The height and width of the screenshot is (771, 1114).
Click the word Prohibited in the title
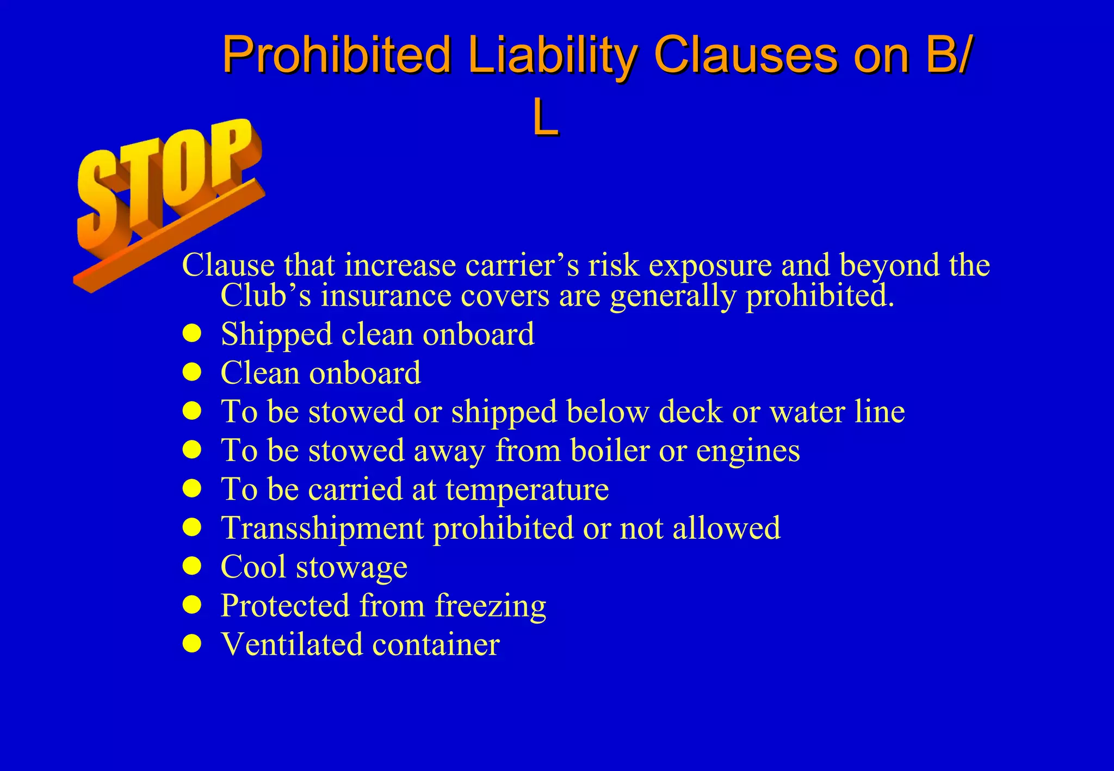pyautogui.click(x=337, y=54)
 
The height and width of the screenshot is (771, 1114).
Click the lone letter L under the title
pyautogui.click(x=546, y=119)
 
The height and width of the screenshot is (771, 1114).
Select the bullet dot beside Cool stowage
pyautogui.click(x=192, y=567)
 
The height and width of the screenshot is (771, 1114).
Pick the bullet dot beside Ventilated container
pyautogui.click(x=192, y=644)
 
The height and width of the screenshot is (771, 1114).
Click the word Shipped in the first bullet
pyautogui.click(x=276, y=334)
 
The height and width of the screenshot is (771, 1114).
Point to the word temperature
pyautogui.click(x=527, y=489)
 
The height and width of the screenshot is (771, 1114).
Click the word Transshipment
pyautogui.click(x=322, y=528)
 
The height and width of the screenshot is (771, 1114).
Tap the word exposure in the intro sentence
pyautogui.click(x=710, y=265)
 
